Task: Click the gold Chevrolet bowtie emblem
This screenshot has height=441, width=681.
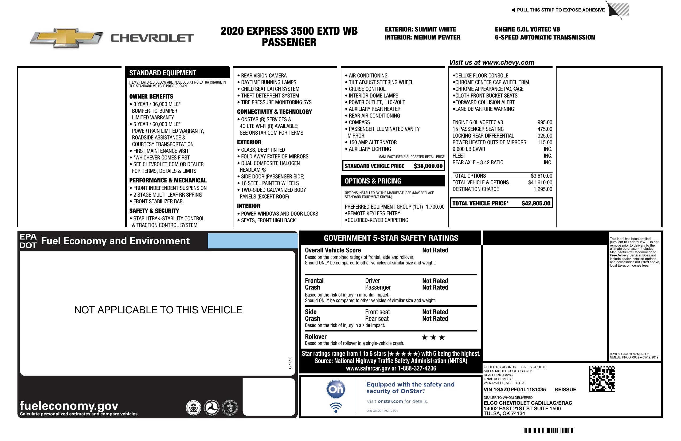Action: click(x=66, y=38)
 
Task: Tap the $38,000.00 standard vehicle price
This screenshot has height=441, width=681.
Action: click(x=428, y=166)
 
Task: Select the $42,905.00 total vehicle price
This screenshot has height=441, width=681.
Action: click(x=536, y=203)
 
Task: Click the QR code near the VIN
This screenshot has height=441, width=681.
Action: click(x=602, y=379)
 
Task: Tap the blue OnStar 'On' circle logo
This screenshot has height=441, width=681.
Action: click(x=336, y=389)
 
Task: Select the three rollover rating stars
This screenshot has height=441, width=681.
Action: click(x=433, y=337)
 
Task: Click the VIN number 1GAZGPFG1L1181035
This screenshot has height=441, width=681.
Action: click(x=514, y=389)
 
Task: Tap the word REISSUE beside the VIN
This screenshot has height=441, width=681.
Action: click(x=565, y=389)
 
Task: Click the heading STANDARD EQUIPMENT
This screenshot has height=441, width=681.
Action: click(x=163, y=73)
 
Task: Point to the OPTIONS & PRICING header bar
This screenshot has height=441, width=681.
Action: click(x=393, y=181)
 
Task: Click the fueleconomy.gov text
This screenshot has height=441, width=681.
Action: click(x=69, y=405)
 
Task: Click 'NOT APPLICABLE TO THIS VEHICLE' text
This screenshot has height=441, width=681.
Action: click(x=158, y=310)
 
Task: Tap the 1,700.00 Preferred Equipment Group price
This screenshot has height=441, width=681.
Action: click(x=435, y=207)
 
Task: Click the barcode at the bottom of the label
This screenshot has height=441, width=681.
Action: click(x=548, y=431)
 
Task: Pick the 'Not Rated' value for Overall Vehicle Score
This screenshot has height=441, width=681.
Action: click(x=435, y=250)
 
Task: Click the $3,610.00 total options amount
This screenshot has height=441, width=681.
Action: click(x=541, y=176)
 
